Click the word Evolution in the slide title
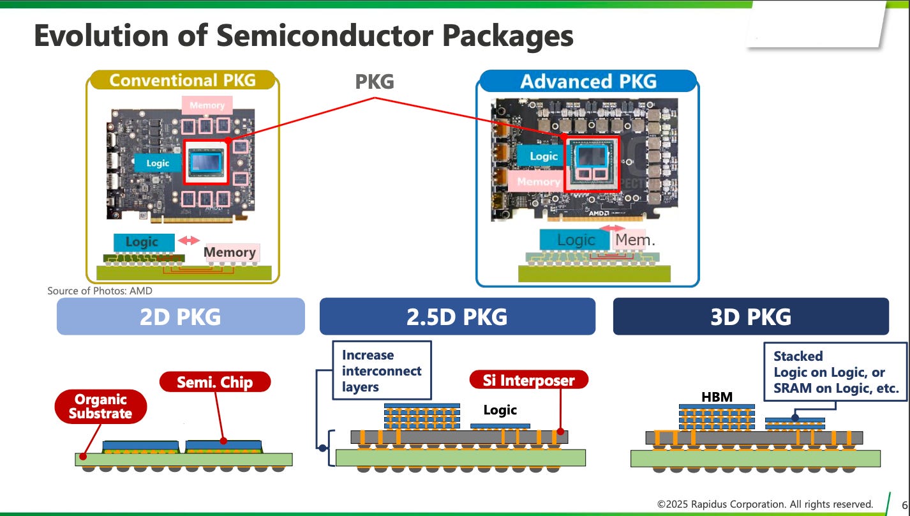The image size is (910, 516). tap(101, 35)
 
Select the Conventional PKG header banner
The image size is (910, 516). tap(183, 80)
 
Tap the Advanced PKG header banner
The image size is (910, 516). tap(588, 81)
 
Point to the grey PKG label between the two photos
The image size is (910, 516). tap(375, 81)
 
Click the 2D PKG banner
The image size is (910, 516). tap(181, 316)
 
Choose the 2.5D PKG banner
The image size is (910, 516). tap(458, 316)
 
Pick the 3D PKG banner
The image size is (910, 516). tap(750, 316)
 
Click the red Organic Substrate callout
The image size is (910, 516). tap(101, 406)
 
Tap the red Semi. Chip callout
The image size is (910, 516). tap(215, 382)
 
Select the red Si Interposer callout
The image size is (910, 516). tap(528, 380)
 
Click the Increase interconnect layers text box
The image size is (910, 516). tap(382, 370)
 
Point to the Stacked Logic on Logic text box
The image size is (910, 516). tap(835, 372)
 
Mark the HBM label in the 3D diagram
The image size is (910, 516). tap(717, 397)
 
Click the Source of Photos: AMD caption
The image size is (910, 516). tap(100, 291)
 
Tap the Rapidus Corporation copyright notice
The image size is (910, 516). tap(765, 505)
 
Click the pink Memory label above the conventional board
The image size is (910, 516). tap(207, 105)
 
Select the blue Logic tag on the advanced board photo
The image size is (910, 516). tap(544, 156)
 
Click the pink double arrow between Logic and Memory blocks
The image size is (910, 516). tap(189, 240)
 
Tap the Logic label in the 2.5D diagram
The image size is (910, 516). tap(500, 410)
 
